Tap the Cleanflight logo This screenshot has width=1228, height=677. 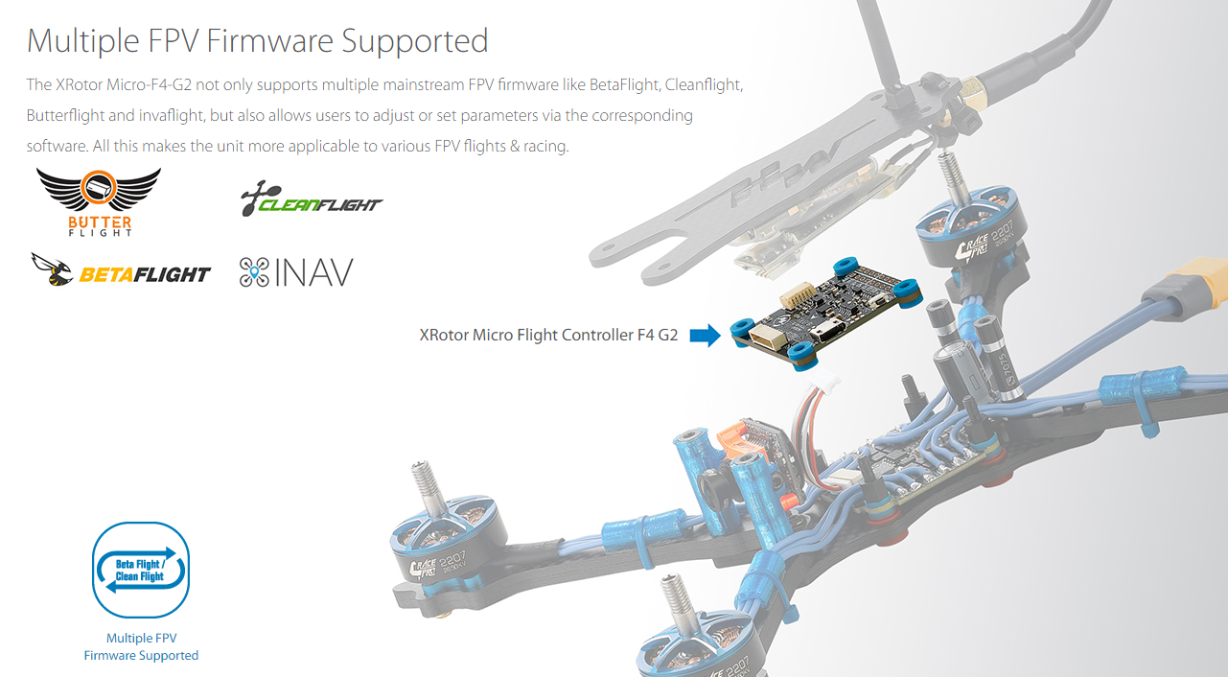point(312,200)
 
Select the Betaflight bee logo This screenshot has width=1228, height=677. point(121,271)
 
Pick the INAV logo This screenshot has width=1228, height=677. point(296,272)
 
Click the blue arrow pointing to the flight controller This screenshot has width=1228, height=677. point(705,336)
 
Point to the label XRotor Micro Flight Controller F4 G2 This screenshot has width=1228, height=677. point(548,336)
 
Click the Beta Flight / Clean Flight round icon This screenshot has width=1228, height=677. point(141,570)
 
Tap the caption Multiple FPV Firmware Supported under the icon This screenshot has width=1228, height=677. point(141,646)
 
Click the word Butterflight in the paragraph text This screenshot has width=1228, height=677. point(66,115)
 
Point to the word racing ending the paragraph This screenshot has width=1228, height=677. point(544,147)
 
